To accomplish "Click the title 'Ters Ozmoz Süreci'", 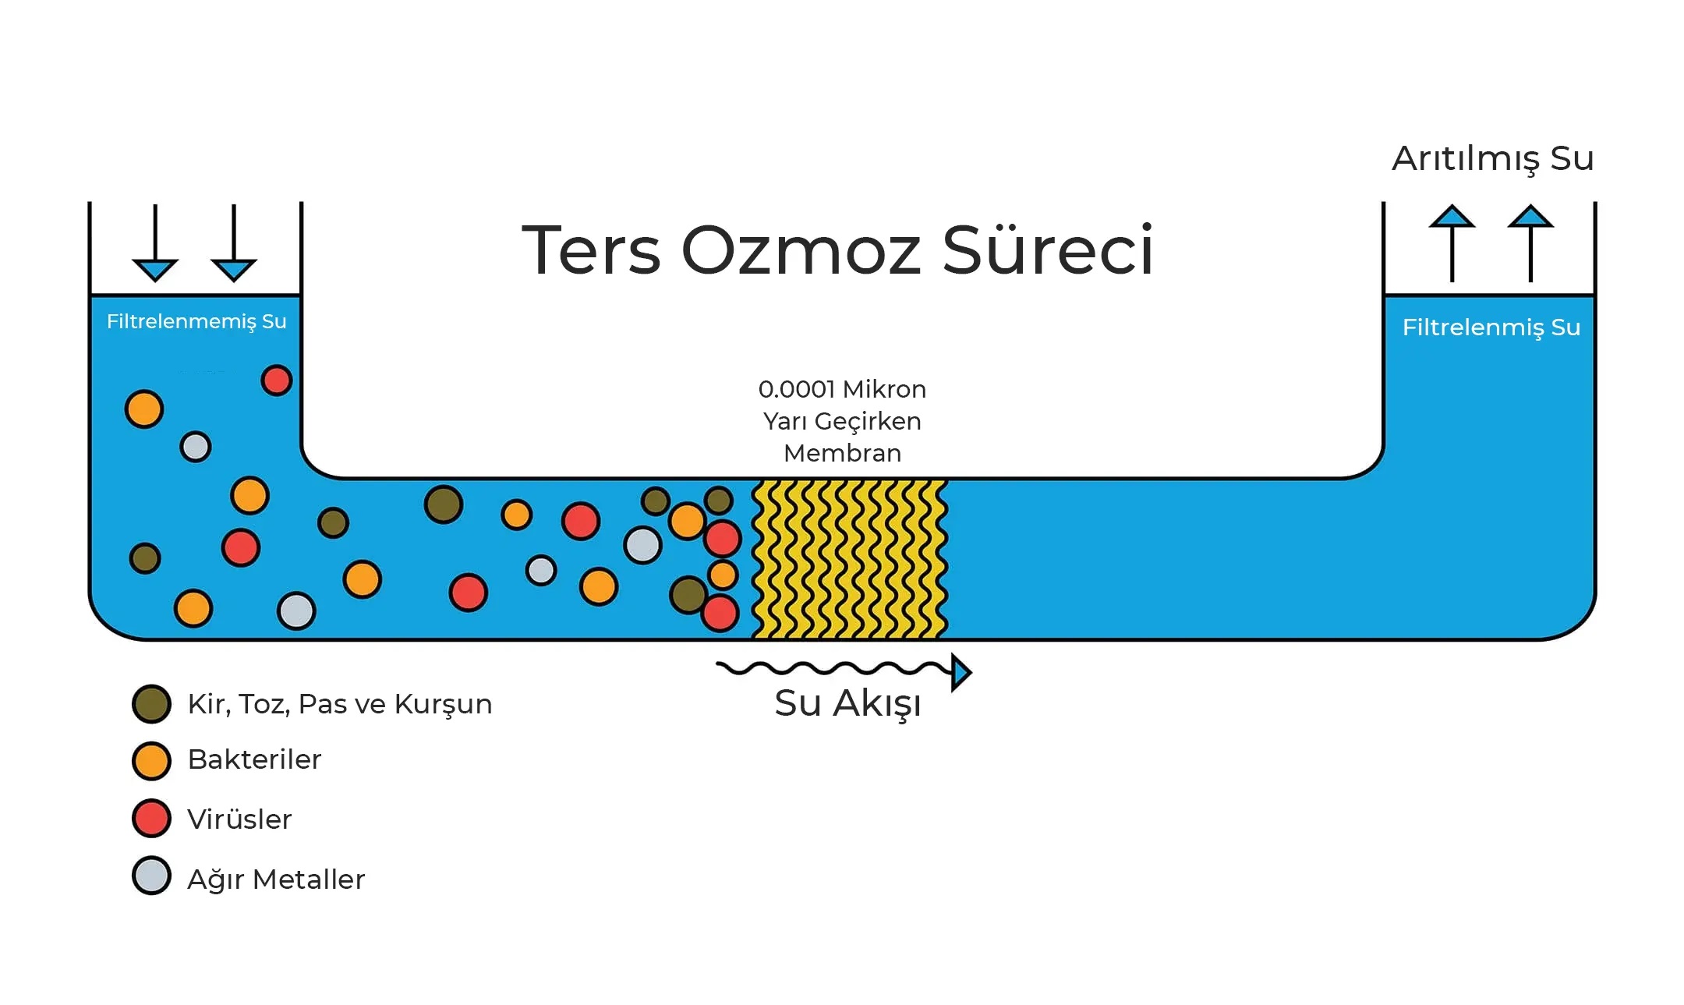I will coord(837,249).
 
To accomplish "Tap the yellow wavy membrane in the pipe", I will coord(850,559).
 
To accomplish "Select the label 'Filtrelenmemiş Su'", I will coord(196,321).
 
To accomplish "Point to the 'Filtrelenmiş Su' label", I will coord(1491,327).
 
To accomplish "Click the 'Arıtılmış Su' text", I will coord(1492,158).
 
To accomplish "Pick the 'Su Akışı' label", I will coord(847,703).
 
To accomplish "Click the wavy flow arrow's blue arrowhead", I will coord(961,673).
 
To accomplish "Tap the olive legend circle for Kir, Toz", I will coord(151,704).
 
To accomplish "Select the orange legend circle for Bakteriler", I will coord(151,761).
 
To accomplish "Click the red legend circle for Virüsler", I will coord(151,819).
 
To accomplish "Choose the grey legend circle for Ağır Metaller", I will coord(151,876).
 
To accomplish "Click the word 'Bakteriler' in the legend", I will coord(254,759).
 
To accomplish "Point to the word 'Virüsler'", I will coord(239,819).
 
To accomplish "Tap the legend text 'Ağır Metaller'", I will coord(276,879).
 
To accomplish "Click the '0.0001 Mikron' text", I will coord(842,389).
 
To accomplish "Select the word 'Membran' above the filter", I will coord(842,453).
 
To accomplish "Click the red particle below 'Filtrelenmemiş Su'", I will coord(276,380).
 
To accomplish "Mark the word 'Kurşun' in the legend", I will coord(443,705).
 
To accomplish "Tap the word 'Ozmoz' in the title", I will coord(801,251).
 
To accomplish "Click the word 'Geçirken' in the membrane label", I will coord(868,422).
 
